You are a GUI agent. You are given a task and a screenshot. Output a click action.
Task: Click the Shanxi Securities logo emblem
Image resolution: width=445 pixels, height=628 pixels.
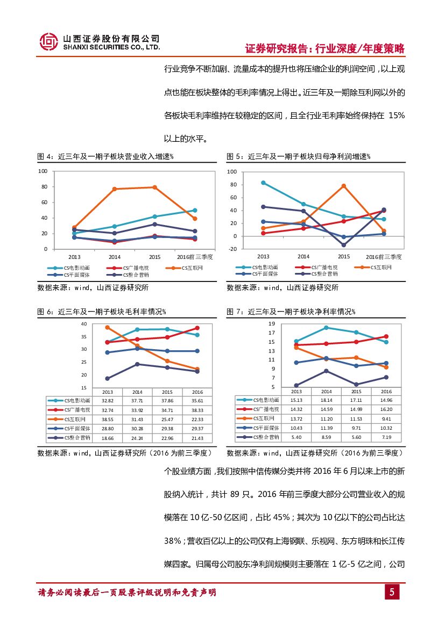tap(50, 41)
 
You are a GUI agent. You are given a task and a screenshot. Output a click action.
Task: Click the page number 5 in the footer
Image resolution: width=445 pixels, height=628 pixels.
tap(392, 592)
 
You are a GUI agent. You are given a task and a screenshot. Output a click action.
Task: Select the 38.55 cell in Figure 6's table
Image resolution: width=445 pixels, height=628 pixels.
tap(108, 418)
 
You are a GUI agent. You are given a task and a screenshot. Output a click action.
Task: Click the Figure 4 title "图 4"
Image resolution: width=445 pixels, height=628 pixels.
tap(45, 156)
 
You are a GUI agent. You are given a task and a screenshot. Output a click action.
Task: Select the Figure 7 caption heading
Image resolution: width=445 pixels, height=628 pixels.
tap(291, 312)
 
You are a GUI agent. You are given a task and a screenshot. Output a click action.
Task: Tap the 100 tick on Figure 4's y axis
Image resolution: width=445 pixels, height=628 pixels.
tap(43, 171)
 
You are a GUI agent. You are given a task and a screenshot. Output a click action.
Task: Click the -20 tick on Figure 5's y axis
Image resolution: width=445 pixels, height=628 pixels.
tap(232, 249)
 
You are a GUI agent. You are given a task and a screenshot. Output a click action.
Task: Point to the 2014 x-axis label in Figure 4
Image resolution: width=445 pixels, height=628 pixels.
tap(115, 257)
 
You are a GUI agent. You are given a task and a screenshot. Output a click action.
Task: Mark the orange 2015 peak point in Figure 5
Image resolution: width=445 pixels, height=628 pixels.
tap(343, 186)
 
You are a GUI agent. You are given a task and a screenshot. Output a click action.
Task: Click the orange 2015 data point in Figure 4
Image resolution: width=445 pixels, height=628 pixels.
tap(154, 187)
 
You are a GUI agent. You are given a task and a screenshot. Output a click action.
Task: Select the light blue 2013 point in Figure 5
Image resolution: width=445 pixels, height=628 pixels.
tap(263, 183)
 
